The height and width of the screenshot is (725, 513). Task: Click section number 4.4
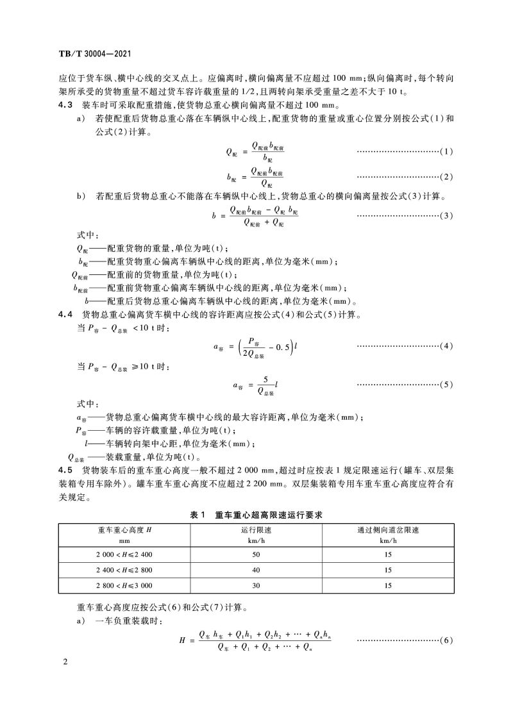[x=66, y=314]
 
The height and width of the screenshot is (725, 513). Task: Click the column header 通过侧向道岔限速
[x=388, y=529]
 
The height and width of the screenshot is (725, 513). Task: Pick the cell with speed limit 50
[x=256, y=553]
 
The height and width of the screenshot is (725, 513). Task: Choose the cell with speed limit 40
[x=256, y=569]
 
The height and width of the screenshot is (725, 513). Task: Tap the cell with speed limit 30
[x=256, y=585]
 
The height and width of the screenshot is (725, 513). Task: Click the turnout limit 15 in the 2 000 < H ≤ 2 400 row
[x=388, y=553]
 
